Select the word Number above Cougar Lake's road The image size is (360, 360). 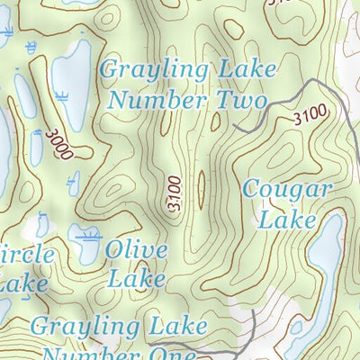point(157,99)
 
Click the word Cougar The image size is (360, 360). point(288,191)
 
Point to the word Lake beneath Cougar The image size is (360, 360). point(288,219)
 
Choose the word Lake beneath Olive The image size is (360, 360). point(136,278)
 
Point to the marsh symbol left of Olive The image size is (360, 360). point(86,236)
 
